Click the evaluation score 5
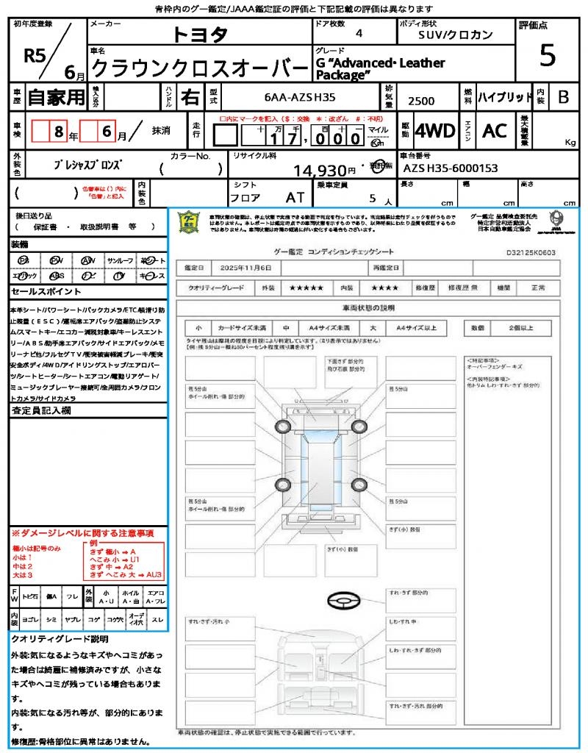(547, 55)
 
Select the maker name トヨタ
(200, 34)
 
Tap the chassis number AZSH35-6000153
(451, 168)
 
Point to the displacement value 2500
(421, 101)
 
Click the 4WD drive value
(434, 131)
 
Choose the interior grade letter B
(563, 96)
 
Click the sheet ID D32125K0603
(531, 252)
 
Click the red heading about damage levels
(82, 532)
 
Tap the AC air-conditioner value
(495, 131)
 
